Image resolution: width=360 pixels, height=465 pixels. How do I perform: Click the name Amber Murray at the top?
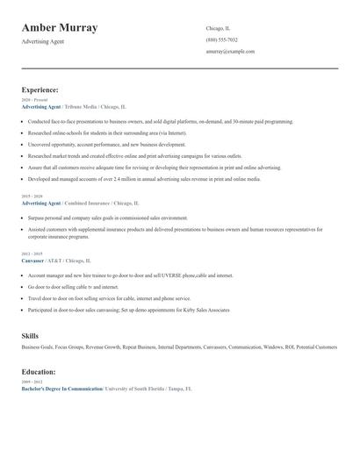tap(59, 28)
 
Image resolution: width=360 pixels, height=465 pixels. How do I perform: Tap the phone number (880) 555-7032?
tap(221, 39)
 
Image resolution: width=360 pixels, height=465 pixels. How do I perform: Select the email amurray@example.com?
tap(230, 51)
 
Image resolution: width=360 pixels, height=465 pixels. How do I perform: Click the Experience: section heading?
tap(40, 89)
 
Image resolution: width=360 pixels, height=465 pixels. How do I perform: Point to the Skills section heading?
tap(30, 336)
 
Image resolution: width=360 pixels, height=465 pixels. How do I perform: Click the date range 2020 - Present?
tap(31, 100)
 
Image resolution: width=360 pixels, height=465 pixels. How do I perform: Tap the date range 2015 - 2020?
tap(31, 197)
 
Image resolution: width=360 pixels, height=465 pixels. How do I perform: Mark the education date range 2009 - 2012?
tap(31, 383)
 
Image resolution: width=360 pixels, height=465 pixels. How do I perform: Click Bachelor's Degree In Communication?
tap(61, 388)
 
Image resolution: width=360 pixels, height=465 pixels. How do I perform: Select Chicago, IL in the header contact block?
tap(218, 28)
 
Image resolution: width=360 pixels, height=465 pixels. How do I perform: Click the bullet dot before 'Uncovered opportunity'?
tap(23, 145)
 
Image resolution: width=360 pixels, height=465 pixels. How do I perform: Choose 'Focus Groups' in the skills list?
tap(76, 347)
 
